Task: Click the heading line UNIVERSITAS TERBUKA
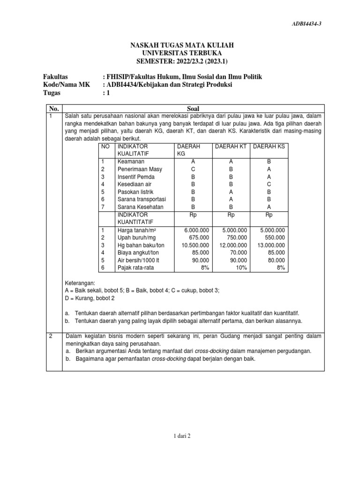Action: [x=181, y=53]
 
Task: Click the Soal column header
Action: [x=193, y=108]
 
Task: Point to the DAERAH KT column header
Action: [x=230, y=147]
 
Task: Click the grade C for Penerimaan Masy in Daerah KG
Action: [x=193, y=169]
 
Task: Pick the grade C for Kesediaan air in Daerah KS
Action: [x=269, y=184]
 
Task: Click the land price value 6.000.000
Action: [x=196, y=230]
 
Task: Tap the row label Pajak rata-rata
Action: [x=135, y=268]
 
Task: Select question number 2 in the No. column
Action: [x=51, y=336]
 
